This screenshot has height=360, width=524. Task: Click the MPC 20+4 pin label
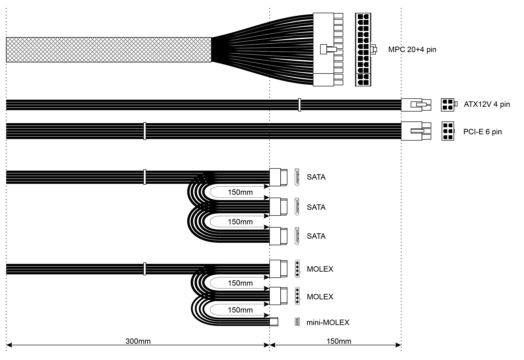[412, 50]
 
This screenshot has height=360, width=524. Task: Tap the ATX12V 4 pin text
[486, 104]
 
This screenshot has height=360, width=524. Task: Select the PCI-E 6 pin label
[482, 132]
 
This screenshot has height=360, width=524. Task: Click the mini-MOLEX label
[328, 322]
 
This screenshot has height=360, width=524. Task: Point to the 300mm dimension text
[138, 341]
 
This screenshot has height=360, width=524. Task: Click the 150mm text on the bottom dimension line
[338, 341]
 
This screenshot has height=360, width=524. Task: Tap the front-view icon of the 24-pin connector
[363, 50]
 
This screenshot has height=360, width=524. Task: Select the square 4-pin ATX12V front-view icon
[447, 105]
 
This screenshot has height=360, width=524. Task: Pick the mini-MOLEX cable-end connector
[273, 322]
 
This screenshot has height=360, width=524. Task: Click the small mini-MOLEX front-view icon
[297, 322]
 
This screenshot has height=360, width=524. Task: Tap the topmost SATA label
[316, 177]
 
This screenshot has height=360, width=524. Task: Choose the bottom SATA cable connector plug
[278, 236]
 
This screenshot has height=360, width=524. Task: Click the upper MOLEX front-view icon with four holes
[297, 269]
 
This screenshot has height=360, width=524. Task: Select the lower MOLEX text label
[320, 297]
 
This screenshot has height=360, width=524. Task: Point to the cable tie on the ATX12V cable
[299, 105]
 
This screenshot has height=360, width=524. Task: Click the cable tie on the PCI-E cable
[144, 131]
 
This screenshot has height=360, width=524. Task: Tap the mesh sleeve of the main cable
[108, 50]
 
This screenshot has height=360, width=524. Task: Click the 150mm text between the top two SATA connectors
[240, 192]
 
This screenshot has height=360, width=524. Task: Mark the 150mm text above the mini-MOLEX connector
[240, 310]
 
